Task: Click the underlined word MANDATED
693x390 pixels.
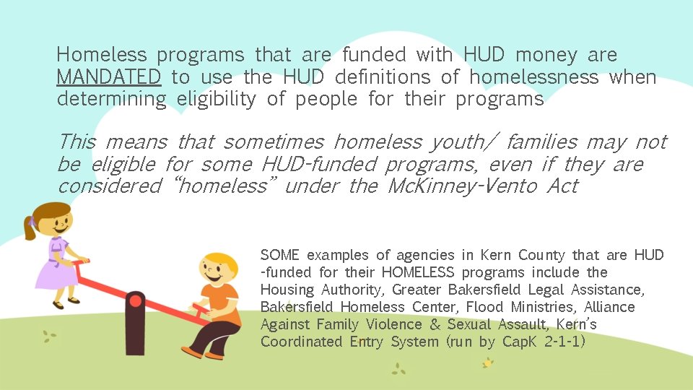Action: [108, 77]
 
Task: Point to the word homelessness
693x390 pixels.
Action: [533, 77]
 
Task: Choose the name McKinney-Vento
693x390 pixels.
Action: [461, 186]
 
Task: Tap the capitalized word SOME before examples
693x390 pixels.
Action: [280, 255]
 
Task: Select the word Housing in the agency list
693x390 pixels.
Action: [287, 290]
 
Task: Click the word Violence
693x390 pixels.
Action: [398, 324]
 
